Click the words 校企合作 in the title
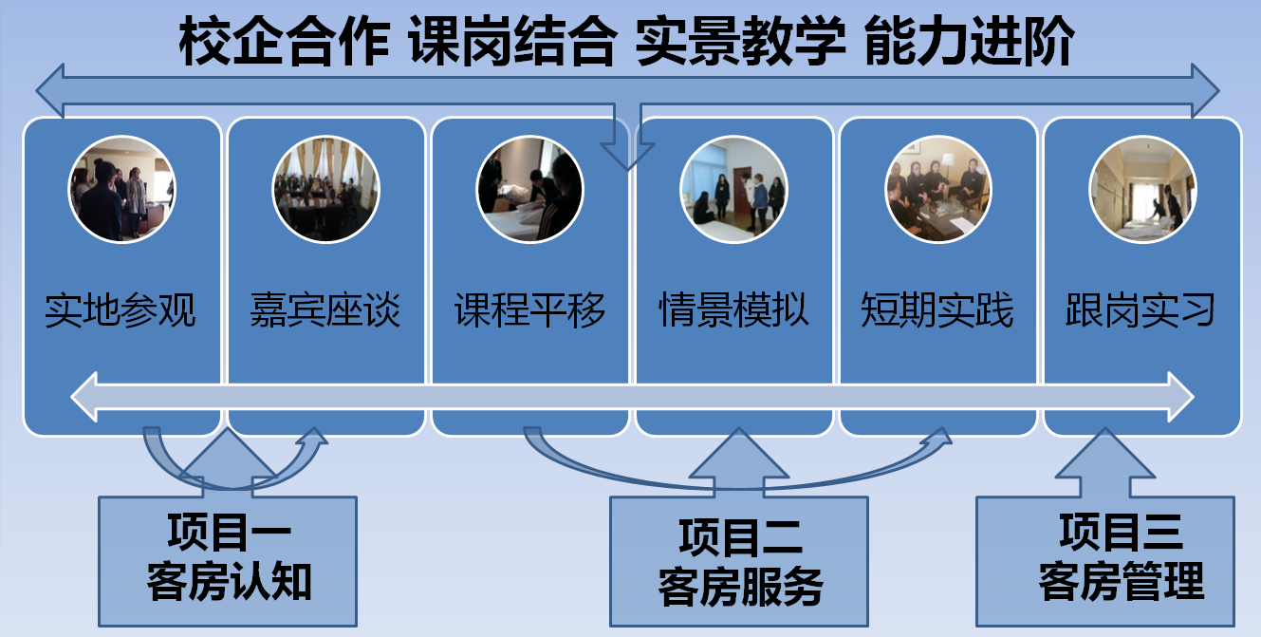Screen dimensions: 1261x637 (284, 44)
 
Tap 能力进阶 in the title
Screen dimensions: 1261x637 (969, 44)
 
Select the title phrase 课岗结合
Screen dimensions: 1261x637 (512, 44)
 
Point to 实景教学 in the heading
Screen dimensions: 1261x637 (741, 44)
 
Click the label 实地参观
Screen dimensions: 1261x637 (121, 310)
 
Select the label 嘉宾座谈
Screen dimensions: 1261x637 (325, 310)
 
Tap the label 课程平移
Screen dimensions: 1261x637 (529, 310)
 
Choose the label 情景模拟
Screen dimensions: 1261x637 (734, 310)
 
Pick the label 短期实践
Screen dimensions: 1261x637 (938, 310)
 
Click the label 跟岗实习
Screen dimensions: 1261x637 (1141, 310)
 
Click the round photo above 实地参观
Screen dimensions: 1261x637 (121, 189)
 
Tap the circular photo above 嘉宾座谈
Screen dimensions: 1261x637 (325, 189)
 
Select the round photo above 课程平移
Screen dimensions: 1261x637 (529, 189)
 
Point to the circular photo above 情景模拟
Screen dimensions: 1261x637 (733, 189)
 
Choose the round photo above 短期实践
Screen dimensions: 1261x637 (937, 189)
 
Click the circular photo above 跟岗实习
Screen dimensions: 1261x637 (1141, 189)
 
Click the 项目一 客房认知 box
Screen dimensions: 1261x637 (228, 560)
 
